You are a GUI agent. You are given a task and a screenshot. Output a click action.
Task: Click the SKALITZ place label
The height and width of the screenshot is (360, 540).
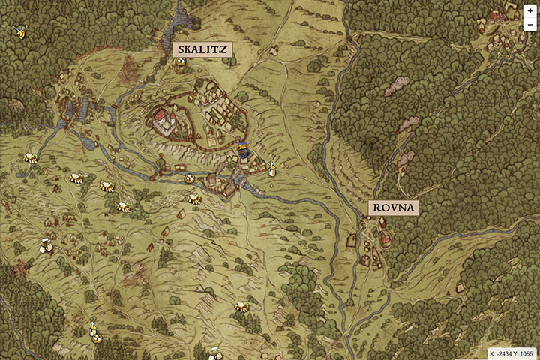202,49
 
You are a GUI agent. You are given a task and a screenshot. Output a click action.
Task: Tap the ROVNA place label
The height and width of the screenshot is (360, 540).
392,208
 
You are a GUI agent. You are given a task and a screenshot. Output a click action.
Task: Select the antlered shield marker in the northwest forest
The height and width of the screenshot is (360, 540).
19,31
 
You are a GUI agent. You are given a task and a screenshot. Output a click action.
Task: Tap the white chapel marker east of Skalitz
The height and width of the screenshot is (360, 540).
271,169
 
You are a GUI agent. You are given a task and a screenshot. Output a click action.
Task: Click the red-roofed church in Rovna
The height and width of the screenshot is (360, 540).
385,239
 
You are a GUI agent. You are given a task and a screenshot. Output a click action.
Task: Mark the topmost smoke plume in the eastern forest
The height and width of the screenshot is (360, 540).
396,86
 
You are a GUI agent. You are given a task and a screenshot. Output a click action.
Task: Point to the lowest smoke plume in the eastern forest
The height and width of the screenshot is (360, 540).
406,158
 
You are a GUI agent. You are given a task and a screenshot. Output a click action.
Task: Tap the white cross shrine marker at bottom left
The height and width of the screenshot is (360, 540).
94,330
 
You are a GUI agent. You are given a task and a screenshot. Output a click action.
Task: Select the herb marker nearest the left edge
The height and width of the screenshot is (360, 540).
30,157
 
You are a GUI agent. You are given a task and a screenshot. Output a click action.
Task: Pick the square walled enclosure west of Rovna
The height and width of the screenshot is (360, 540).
352,240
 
